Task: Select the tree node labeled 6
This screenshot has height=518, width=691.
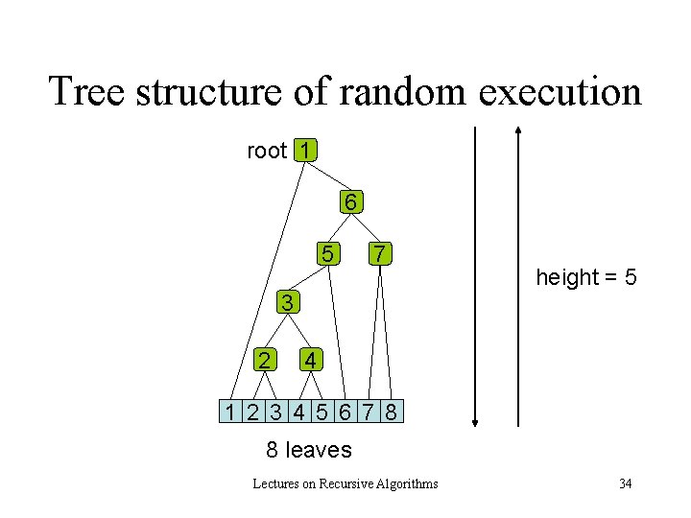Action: click(351, 202)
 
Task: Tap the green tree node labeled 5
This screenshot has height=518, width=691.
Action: click(328, 254)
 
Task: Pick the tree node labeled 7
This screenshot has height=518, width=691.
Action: click(380, 254)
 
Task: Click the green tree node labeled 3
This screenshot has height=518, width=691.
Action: click(287, 303)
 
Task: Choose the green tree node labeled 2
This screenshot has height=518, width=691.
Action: click(263, 360)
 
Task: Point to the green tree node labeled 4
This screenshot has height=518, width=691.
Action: click(309, 360)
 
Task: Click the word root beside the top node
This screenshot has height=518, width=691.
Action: click(267, 151)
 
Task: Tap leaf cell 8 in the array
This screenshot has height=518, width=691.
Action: click(391, 412)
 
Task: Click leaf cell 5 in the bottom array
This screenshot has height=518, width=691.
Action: click(322, 412)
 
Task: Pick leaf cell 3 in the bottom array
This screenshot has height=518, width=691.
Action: click(275, 412)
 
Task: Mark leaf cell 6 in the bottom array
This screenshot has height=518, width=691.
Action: click(345, 412)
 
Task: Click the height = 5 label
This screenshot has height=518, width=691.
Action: click(585, 278)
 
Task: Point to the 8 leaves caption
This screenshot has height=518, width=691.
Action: click(308, 449)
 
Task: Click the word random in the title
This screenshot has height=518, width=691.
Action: click(396, 92)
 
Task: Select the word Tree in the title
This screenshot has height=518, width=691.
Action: click(87, 92)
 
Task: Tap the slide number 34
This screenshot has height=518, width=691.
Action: click(625, 483)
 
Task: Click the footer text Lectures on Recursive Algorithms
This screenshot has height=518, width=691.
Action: click(345, 483)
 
